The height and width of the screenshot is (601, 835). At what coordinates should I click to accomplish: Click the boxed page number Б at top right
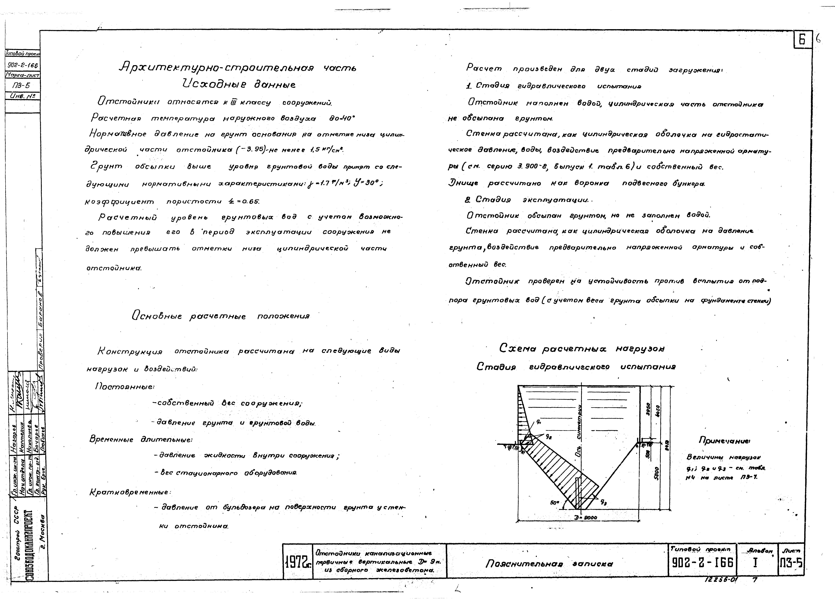(x=802, y=40)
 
